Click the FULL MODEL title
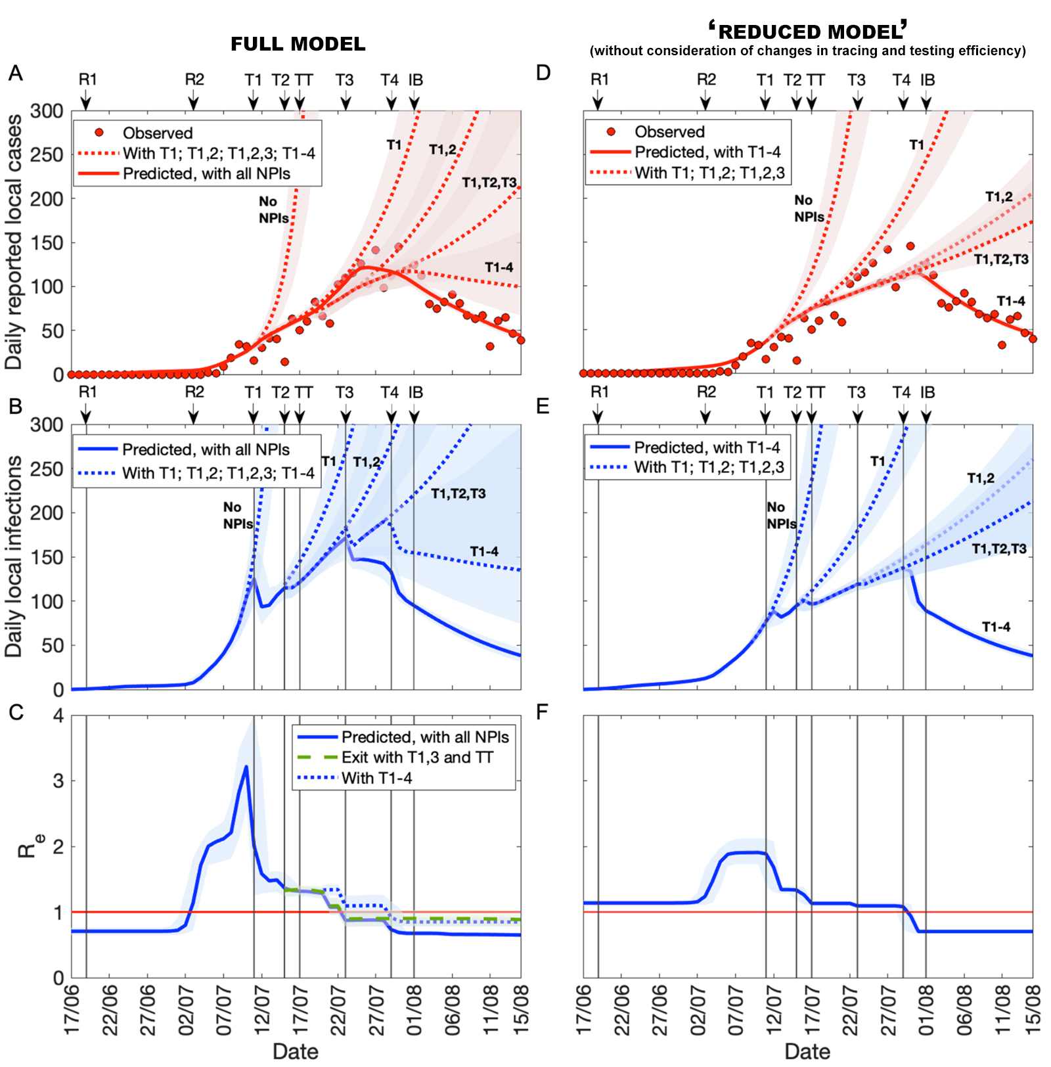tap(298, 44)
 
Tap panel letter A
tap(16, 73)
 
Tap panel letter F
tap(542, 712)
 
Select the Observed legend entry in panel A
tap(157, 133)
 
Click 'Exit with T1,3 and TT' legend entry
tap(417, 758)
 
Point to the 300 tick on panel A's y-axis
tap(47, 111)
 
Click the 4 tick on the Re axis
tap(58, 715)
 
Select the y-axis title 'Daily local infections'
tap(13, 556)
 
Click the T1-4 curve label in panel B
tap(484, 552)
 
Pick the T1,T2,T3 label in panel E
tap(998, 549)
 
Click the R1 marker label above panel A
tap(87, 79)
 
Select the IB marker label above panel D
tap(927, 79)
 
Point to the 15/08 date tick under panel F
tap(1032, 1009)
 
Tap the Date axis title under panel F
tap(807, 1051)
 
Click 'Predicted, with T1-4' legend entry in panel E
tap(707, 447)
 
